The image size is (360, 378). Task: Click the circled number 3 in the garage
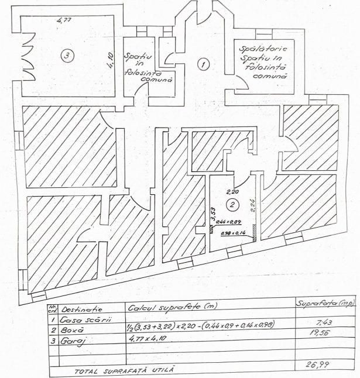tap(68, 56)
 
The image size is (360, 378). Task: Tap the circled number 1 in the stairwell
tap(203, 64)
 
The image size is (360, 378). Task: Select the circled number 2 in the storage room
tap(232, 205)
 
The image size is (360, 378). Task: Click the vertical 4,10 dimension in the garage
tap(109, 61)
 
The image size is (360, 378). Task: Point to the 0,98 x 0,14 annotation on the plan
tap(232, 233)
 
